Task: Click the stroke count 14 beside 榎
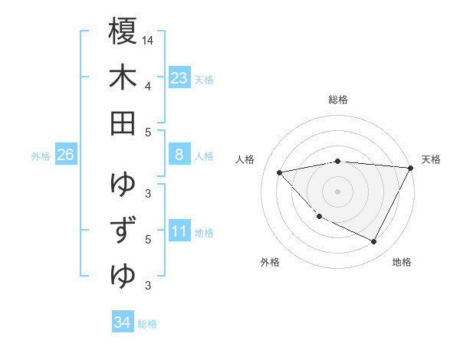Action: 148,40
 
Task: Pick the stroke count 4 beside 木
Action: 148,86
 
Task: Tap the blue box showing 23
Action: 179,77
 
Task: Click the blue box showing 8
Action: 179,155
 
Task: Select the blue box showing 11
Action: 179,231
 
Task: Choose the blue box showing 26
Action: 65,155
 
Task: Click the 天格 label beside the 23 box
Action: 204,79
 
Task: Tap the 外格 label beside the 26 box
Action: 41,156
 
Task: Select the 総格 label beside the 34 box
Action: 147,324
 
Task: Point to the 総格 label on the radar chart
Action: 338,100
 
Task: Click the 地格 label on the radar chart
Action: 402,263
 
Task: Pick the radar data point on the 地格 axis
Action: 373,242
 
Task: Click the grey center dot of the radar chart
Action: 338,191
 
